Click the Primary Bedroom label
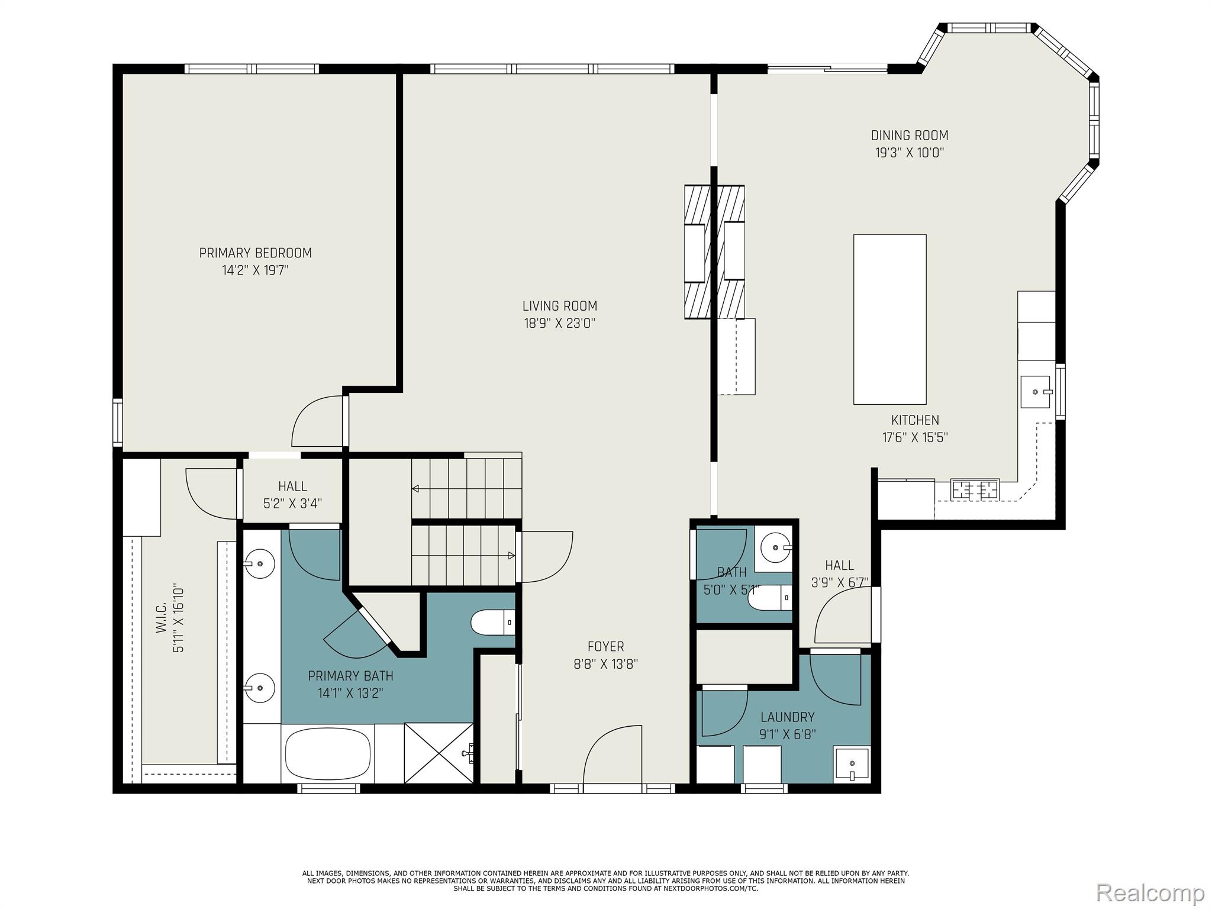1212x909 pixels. point(255,253)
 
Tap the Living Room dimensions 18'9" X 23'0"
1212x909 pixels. point(559,324)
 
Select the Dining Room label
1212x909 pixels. point(910,136)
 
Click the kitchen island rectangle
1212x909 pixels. point(889,319)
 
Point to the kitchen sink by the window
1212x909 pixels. point(1035,392)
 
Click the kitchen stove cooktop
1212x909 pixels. point(974,489)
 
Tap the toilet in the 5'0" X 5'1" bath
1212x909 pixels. point(769,598)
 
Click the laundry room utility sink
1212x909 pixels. point(852,765)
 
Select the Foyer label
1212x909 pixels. point(605,647)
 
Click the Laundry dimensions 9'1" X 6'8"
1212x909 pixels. point(788,734)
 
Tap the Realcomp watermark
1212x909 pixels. point(1150,892)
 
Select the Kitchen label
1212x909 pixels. point(915,420)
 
